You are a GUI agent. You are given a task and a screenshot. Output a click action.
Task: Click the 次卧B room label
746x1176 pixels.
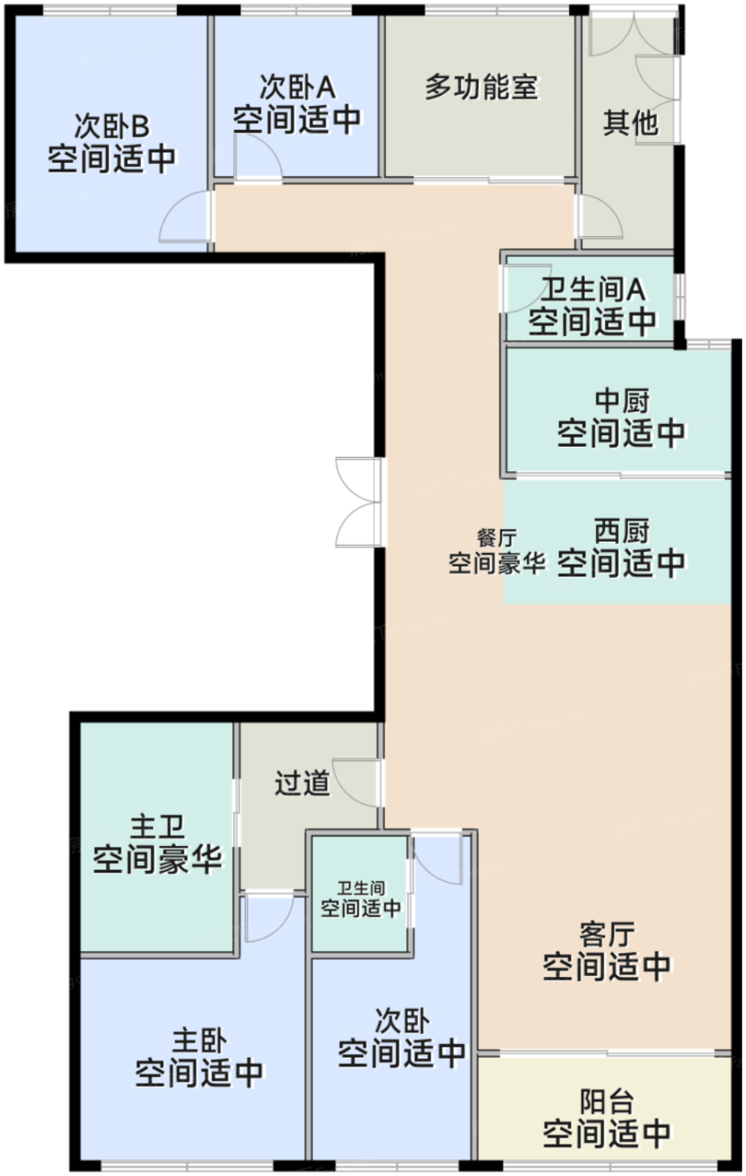(x=112, y=127)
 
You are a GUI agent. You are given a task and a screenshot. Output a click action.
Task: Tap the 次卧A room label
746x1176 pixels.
(x=296, y=87)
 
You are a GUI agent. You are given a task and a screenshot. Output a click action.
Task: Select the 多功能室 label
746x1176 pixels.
(x=480, y=87)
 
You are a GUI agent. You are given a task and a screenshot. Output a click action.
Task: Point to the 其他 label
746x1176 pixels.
(x=629, y=124)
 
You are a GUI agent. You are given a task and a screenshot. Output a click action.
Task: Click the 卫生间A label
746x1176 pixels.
(x=592, y=291)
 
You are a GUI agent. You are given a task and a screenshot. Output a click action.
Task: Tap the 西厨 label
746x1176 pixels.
(x=621, y=531)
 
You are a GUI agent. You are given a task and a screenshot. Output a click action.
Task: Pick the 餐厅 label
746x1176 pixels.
(x=497, y=538)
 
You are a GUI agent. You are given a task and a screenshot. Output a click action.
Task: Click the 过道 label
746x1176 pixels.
(x=301, y=784)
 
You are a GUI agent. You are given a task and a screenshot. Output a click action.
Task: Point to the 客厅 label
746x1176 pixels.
(x=606, y=935)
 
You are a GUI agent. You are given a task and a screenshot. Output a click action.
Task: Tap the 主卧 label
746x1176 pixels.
(x=200, y=1041)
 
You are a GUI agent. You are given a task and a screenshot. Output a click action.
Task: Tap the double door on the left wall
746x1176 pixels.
(x=359, y=501)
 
